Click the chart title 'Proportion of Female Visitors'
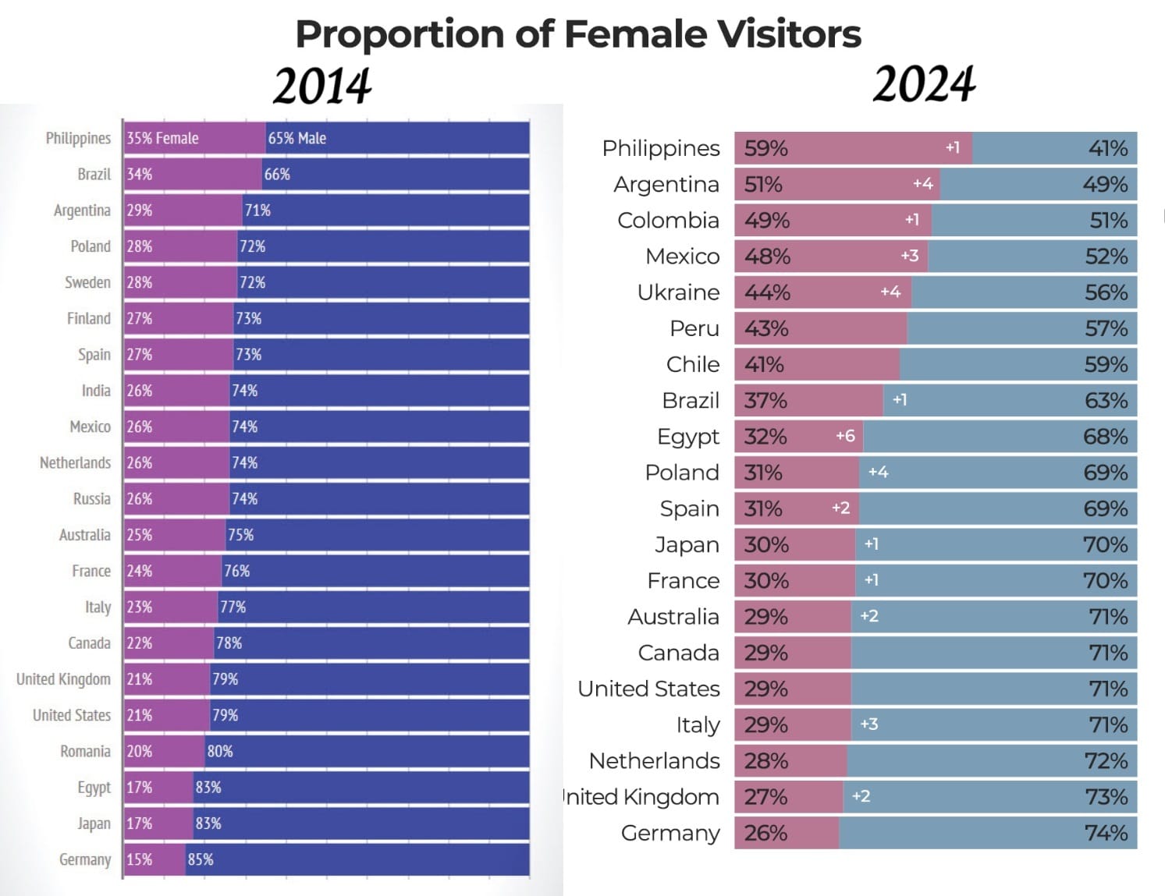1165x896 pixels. [x=578, y=34]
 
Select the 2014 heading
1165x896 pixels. [x=322, y=86]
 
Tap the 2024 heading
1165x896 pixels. [x=924, y=84]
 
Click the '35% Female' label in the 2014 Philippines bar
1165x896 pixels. [x=162, y=138]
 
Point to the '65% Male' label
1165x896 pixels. [x=297, y=138]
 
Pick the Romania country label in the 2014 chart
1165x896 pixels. [x=85, y=751]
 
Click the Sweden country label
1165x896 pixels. [x=87, y=282]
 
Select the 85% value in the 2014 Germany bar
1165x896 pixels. [x=201, y=859]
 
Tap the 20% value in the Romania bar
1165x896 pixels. [x=140, y=751]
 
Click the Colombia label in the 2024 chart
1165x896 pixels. [x=668, y=221]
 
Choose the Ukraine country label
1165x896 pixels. [x=678, y=292]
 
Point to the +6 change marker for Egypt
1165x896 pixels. [x=845, y=436]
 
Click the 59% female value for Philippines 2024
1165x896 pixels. [x=765, y=148]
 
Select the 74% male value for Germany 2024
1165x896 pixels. [x=1106, y=833]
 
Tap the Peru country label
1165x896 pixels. [x=694, y=328]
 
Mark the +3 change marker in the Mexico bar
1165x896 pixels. [x=909, y=256]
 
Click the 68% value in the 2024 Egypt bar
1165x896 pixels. [x=1105, y=437]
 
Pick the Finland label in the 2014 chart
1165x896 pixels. [x=89, y=318]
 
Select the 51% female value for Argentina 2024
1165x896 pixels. [x=763, y=185]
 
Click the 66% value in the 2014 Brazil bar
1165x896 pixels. [x=277, y=174]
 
